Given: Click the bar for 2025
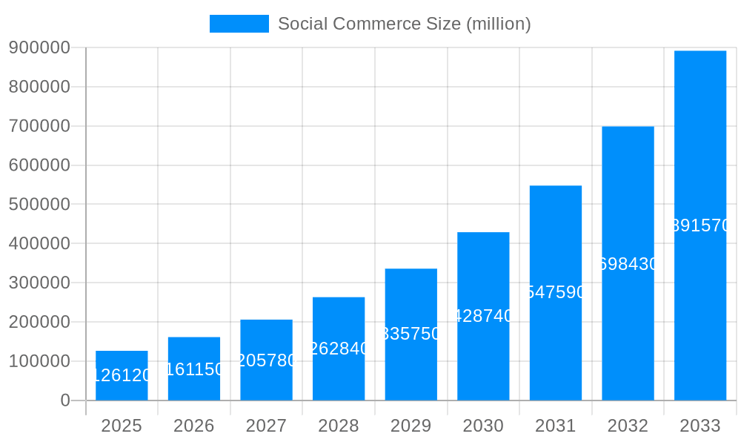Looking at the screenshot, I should pyautogui.click(x=122, y=375).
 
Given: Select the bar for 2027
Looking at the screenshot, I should pyautogui.click(x=266, y=360).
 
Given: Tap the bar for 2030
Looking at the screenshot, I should pyautogui.click(x=483, y=316).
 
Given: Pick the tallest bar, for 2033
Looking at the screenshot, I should pyautogui.click(x=700, y=225).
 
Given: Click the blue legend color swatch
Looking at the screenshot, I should pyautogui.click(x=239, y=24).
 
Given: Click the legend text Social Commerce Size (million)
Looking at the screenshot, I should pyautogui.click(x=404, y=24).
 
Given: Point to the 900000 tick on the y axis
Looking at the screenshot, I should pyautogui.click(x=39, y=48).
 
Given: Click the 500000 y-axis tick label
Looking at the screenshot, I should pyautogui.click(x=39, y=205).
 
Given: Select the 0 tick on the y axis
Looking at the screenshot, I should pyautogui.click(x=64, y=400).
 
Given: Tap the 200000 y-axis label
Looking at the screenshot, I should pyautogui.click(x=39, y=322).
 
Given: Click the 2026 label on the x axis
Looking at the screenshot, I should pyautogui.click(x=194, y=426).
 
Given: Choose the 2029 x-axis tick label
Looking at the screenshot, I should pyautogui.click(x=411, y=426).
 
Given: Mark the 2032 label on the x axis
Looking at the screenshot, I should pyautogui.click(x=628, y=426).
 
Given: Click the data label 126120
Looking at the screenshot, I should pyautogui.click(x=122, y=375).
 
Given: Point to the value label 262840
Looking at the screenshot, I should pyautogui.click(x=339, y=349).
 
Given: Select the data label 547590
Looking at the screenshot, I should pyautogui.click(x=556, y=292).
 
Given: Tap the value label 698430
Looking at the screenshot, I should pyautogui.click(x=628, y=264).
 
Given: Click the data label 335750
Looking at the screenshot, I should pyautogui.click(x=411, y=334).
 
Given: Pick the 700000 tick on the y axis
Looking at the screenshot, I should pyautogui.click(x=39, y=126).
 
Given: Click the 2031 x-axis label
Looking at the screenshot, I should pyautogui.click(x=556, y=426).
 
